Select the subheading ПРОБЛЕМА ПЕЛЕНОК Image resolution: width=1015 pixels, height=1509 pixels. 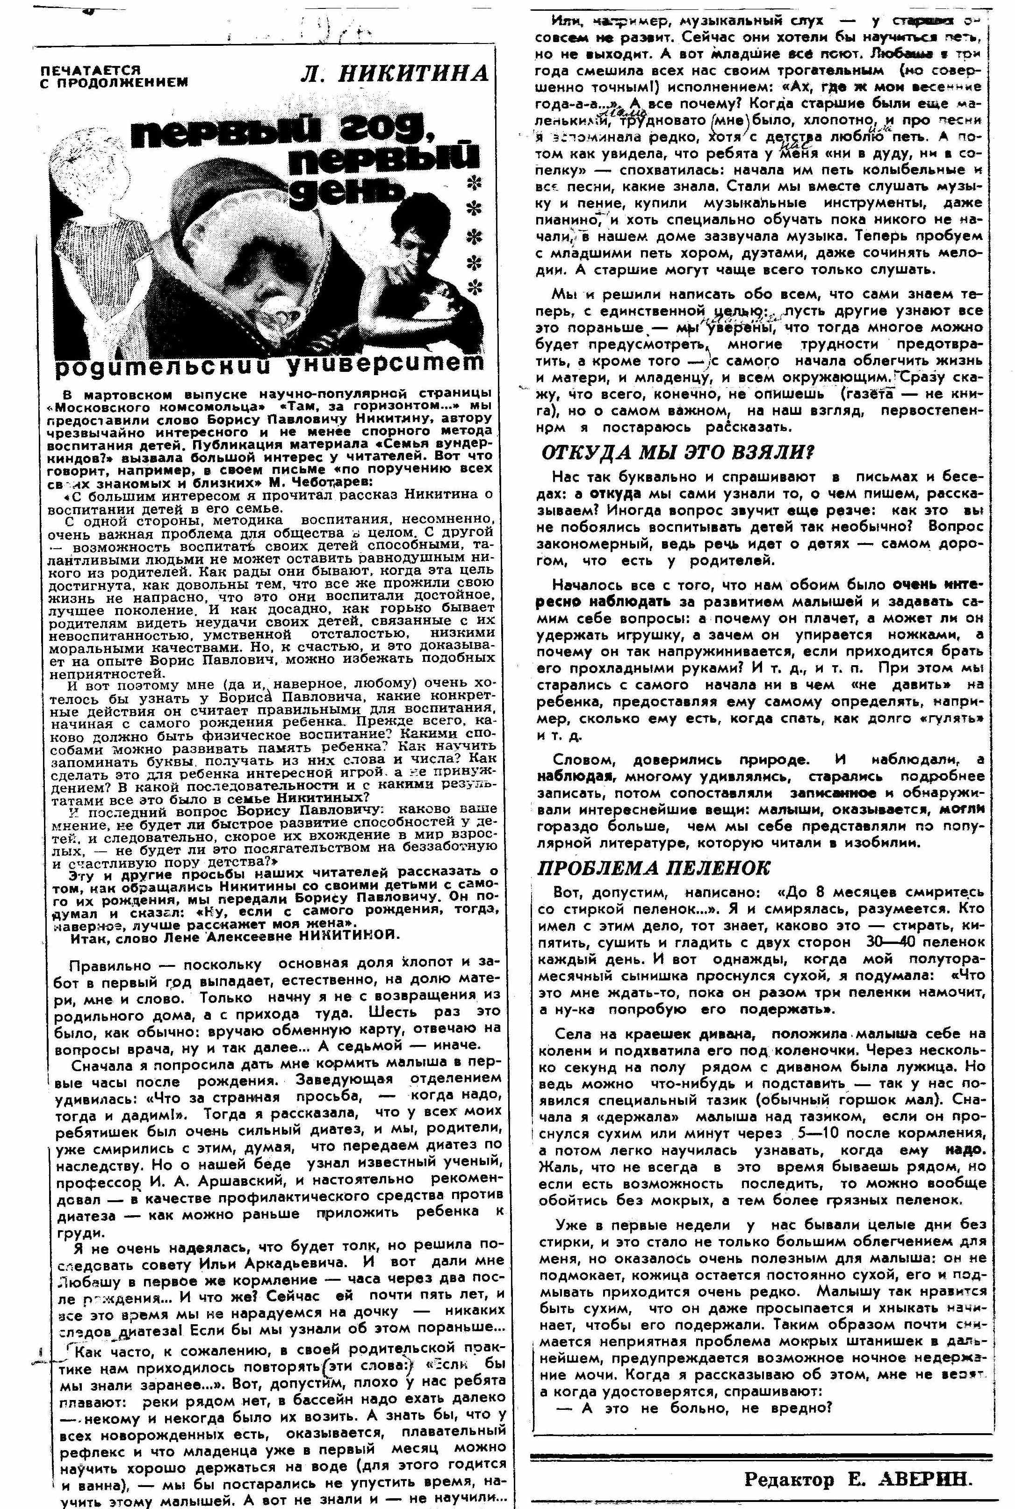click(654, 868)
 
